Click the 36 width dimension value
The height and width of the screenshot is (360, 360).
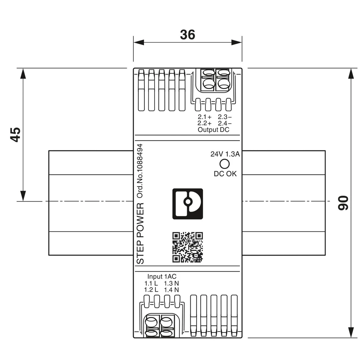point(187,35)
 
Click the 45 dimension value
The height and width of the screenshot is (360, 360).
point(15,134)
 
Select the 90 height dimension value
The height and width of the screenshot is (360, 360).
point(343,203)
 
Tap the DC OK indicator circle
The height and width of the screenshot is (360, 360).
point(225,164)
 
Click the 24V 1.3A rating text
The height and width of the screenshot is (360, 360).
point(225,154)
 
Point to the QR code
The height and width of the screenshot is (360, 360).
point(187,247)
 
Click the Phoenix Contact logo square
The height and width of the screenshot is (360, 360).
point(187,204)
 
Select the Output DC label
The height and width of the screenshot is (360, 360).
point(213,130)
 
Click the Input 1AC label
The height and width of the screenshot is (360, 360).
point(162,277)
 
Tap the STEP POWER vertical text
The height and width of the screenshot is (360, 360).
point(141,233)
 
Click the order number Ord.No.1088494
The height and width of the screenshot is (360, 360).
point(140,171)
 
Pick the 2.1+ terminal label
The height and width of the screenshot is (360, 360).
point(204,117)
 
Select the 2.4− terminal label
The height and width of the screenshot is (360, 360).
point(225,123)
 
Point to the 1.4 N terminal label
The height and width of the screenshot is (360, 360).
point(171,290)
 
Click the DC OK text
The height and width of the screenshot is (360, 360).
point(225,174)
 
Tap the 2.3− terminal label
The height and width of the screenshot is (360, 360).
point(225,117)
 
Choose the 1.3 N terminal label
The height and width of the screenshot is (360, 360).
point(171,283)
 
